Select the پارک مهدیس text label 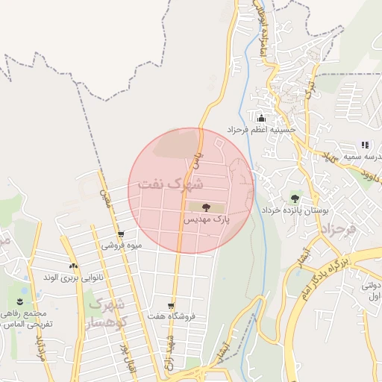click(203, 221)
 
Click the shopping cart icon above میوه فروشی click(121, 234)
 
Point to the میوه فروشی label click(121, 245)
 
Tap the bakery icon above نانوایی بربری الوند click(73, 266)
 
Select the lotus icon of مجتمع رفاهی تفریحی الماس click(19, 301)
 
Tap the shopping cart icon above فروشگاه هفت click(171, 305)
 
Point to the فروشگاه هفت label click(171, 317)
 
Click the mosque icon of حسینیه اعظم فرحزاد click(261, 118)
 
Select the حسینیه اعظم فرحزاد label click(262, 130)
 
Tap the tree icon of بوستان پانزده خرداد click(295, 199)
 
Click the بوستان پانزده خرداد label click(295, 212)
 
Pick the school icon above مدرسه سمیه click(365, 145)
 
